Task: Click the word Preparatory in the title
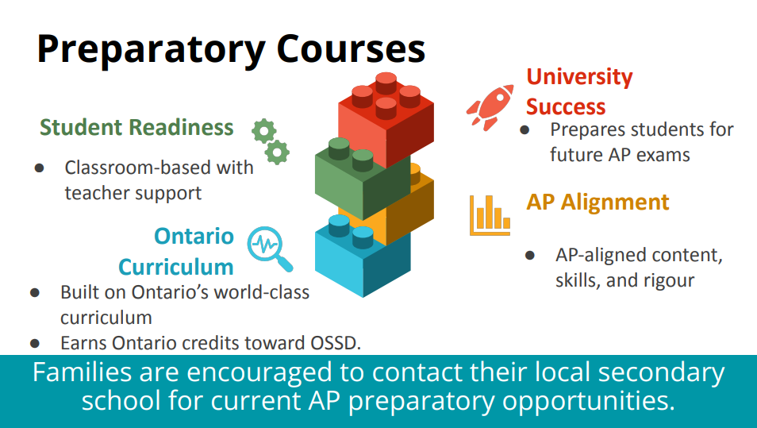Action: pos(151,50)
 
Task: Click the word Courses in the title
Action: pos(351,48)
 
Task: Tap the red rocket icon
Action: pos(490,107)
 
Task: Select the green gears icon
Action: pos(271,141)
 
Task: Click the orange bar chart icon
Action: pos(490,215)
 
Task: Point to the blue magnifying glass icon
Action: pos(270,249)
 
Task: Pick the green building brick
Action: pos(362,178)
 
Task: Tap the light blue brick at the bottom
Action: pos(363,255)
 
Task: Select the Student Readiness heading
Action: pos(136,127)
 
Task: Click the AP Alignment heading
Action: pos(598,202)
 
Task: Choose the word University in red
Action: pos(579,77)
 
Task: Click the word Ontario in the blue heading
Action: pos(194,236)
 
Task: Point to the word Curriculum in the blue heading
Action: pos(176,267)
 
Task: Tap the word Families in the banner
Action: pos(82,372)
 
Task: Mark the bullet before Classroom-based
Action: pos(39,168)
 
